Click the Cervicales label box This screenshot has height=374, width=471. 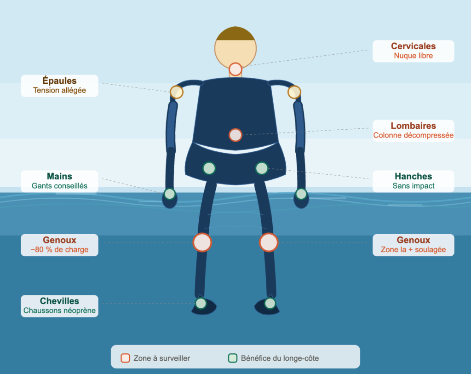[x=414, y=51]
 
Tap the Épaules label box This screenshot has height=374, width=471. [x=59, y=86]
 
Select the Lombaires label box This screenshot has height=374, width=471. [x=414, y=131]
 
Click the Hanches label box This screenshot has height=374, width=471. [x=414, y=181]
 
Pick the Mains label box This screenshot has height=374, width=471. [x=59, y=181]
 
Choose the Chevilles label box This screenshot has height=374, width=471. [x=59, y=306]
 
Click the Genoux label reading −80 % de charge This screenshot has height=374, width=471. [x=59, y=245]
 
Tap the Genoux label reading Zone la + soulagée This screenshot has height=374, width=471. [x=414, y=245]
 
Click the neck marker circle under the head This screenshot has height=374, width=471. [x=235, y=69]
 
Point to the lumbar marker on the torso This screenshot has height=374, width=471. [x=235, y=135]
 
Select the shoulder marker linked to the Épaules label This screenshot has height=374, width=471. [x=177, y=92]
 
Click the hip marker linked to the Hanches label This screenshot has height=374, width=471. [x=262, y=168]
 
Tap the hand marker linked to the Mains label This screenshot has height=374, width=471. [x=170, y=194]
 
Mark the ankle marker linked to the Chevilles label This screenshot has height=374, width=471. [x=201, y=304]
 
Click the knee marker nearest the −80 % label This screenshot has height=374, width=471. [x=202, y=242]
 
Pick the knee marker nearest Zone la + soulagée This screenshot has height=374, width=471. [x=269, y=242]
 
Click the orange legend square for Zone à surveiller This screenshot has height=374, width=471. [x=125, y=358]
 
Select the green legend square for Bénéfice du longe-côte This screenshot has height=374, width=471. [x=233, y=358]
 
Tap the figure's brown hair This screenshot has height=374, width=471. [x=235, y=34]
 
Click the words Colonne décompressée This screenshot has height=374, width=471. [x=414, y=136]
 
